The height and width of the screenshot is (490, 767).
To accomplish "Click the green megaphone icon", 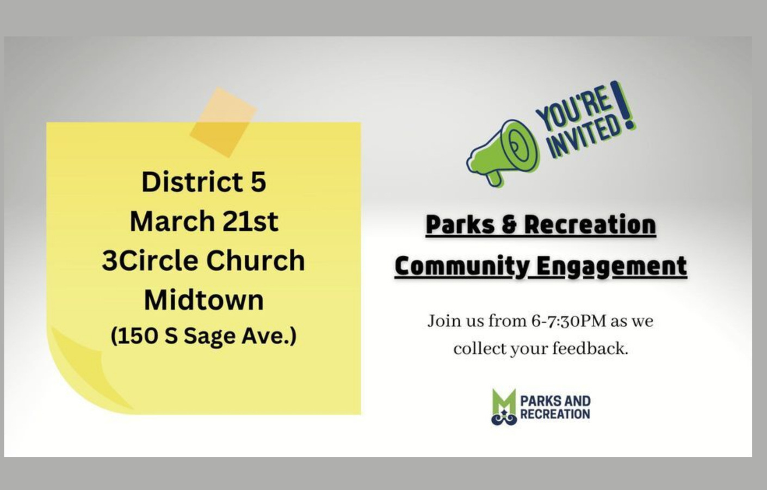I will (503, 152).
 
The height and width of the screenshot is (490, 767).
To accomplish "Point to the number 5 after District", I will (258, 182).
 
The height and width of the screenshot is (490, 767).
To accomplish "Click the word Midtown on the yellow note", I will (203, 299).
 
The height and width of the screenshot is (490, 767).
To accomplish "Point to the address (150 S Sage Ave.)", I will (203, 335).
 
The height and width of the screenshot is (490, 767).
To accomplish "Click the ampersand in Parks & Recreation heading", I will (509, 225).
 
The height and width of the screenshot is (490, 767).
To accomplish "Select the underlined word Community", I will (461, 266).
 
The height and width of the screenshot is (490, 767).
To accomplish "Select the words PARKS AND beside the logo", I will (555, 401).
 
